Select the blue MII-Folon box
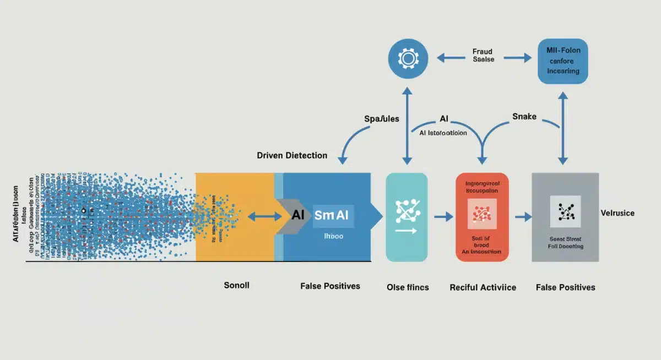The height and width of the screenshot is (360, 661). click(x=563, y=61)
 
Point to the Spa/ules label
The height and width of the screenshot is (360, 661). click(x=382, y=118)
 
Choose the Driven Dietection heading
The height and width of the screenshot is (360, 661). click(x=292, y=155)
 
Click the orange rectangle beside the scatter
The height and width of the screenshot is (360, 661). click(x=234, y=216)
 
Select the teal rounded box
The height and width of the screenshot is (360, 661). click(x=407, y=217)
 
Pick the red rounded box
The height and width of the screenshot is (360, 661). click(x=483, y=217)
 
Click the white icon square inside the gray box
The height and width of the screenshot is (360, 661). click(x=566, y=211)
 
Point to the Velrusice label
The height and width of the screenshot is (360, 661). click(x=617, y=213)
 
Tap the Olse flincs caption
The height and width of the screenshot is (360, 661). click(x=408, y=287)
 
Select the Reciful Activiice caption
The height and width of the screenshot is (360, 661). click(x=483, y=287)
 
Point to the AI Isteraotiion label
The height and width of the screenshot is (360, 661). click(x=439, y=133)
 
